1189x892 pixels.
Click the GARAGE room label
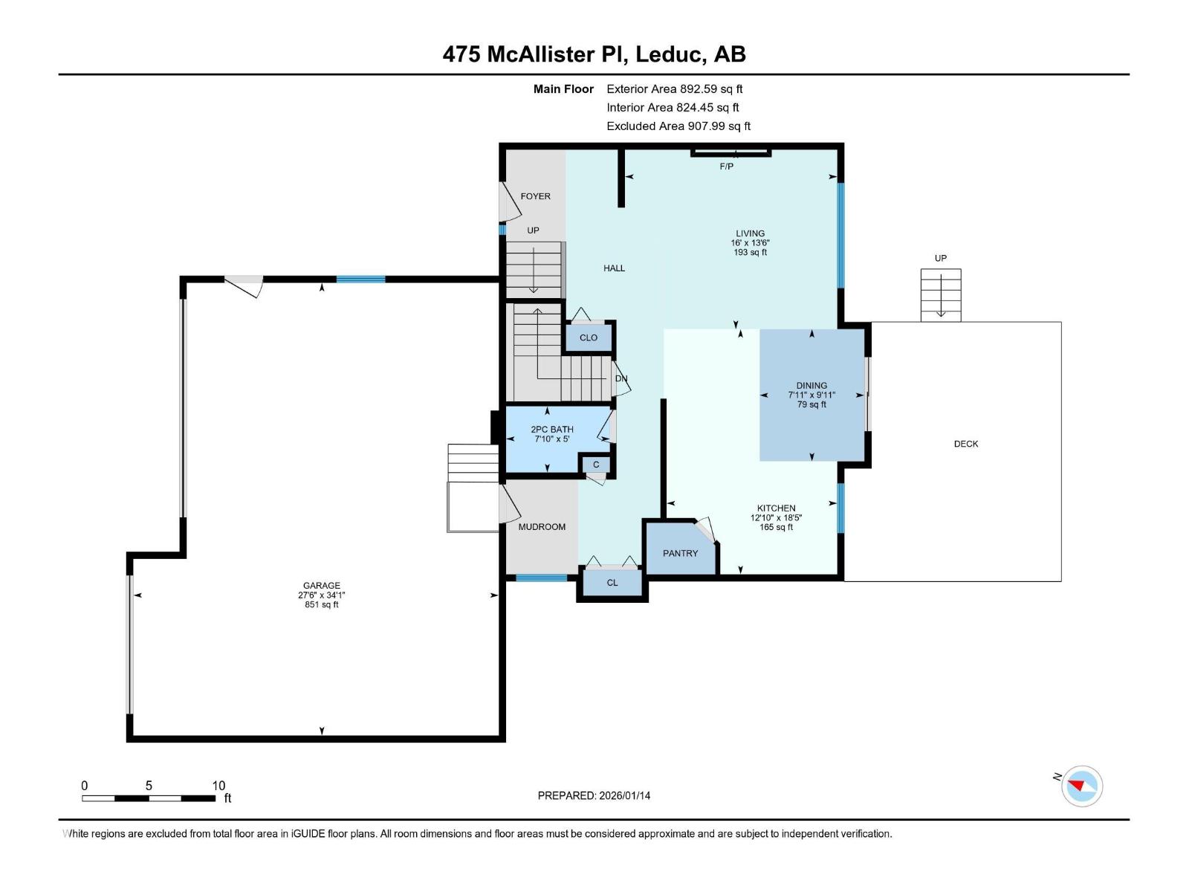point(321,585)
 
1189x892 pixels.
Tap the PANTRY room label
point(680,553)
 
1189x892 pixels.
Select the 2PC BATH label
point(551,430)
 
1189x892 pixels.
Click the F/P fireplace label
point(726,167)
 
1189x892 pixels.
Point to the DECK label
point(965,444)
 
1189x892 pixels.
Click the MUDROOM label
point(542,527)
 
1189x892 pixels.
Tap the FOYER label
point(535,196)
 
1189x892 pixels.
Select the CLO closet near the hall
point(588,337)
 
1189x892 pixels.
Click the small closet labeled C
point(595,465)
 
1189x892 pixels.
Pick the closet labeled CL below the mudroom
point(612,583)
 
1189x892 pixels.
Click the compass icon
point(1081,786)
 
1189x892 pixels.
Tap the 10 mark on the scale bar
point(218,786)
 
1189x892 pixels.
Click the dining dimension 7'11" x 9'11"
point(811,395)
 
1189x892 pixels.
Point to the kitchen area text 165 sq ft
point(776,527)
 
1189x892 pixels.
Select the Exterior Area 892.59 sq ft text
point(674,89)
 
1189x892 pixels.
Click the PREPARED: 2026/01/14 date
point(594,795)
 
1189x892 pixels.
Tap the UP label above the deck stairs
point(940,258)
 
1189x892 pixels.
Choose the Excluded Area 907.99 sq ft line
point(678,126)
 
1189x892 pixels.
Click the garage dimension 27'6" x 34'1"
point(321,595)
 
